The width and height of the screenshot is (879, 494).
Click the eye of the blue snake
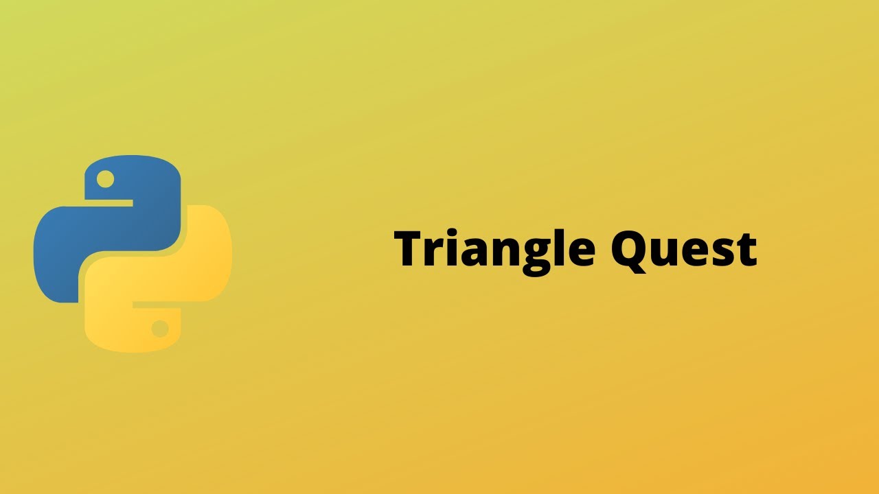[x=105, y=180]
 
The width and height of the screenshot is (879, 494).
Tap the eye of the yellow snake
[x=160, y=329]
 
